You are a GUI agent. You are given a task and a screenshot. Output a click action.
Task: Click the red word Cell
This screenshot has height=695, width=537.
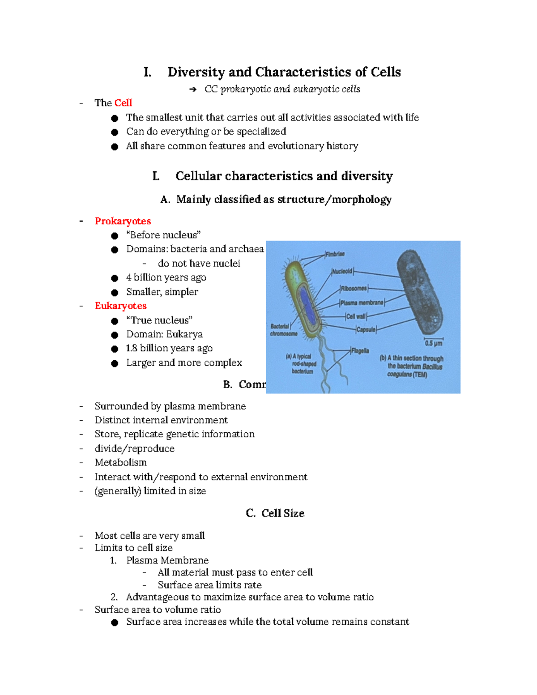[x=123, y=103]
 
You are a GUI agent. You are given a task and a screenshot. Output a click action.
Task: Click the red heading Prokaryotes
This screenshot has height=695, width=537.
[x=123, y=221]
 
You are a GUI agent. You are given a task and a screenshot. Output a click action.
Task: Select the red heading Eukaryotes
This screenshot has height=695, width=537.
[x=120, y=306]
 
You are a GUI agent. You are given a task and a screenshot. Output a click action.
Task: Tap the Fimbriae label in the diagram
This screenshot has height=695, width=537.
[x=335, y=254]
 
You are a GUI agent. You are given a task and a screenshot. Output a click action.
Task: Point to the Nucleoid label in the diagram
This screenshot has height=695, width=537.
[x=342, y=271]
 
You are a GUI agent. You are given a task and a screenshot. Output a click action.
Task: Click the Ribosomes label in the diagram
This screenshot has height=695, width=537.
[x=354, y=289]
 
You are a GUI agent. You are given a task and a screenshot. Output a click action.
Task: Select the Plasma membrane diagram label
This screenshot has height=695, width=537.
[x=362, y=303]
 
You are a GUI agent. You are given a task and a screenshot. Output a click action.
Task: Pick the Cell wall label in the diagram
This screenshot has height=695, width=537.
[x=356, y=316]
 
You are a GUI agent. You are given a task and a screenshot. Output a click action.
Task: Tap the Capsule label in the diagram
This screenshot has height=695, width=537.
[x=366, y=330]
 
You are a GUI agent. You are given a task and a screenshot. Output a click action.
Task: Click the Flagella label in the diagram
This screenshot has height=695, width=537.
[x=360, y=351]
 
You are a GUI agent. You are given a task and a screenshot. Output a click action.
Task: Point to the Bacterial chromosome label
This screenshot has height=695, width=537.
[x=283, y=330]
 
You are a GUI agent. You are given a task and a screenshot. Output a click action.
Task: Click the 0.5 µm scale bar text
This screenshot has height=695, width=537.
[x=433, y=344]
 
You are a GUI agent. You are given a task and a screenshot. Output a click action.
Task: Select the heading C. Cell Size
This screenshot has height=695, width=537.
[x=275, y=513]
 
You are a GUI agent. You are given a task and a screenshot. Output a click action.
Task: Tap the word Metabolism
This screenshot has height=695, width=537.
[x=120, y=462]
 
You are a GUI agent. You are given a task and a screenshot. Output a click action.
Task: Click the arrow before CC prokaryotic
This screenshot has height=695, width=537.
[x=193, y=90]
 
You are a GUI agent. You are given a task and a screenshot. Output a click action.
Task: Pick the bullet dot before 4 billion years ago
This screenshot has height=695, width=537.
[x=115, y=278]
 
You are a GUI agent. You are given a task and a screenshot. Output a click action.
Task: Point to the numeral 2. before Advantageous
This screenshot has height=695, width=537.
[x=114, y=597]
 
